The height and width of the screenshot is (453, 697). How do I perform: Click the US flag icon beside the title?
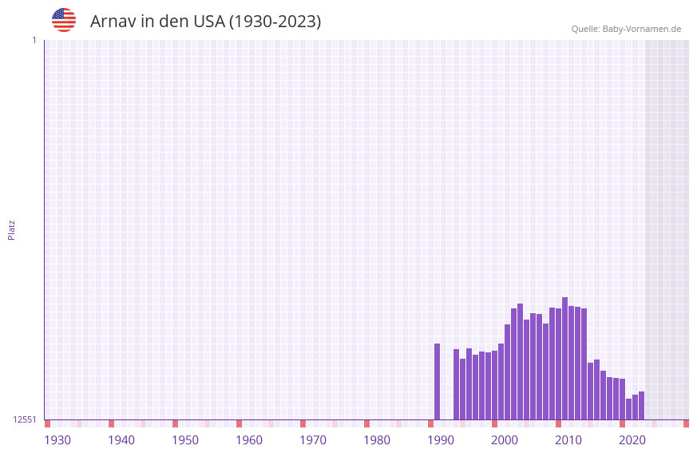coord(64,20)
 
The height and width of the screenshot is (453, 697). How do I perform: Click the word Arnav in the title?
coord(113,22)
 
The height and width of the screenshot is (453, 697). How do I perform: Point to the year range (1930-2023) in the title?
coord(275,22)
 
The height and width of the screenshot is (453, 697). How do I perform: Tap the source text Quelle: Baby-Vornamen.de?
coord(626,29)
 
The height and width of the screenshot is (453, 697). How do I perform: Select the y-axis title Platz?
coord(11,229)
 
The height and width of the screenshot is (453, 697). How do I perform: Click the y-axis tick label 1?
coord(34,40)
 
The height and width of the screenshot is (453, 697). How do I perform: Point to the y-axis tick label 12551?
coord(25,419)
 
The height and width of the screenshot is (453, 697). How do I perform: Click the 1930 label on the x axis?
coord(57,440)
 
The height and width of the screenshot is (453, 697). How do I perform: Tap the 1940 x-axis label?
coord(121,440)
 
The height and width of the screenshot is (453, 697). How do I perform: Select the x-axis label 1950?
coord(185,440)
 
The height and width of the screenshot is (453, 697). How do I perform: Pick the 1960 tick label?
coord(249,440)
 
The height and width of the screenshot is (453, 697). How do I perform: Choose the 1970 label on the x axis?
coord(313,440)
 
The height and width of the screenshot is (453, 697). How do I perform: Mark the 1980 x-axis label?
coord(377,440)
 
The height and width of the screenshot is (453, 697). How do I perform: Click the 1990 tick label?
coord(441,440)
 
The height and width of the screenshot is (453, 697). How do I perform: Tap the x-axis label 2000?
coord(505,440)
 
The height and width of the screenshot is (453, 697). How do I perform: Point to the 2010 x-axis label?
coord(568,440)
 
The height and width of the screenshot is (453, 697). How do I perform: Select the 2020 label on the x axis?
coord(632,440)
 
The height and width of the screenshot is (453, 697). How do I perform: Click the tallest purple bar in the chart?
coord(565,358)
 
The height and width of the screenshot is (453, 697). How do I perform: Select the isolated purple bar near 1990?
coord(438,381)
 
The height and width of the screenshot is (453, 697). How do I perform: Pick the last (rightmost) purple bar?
coord(642,405)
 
